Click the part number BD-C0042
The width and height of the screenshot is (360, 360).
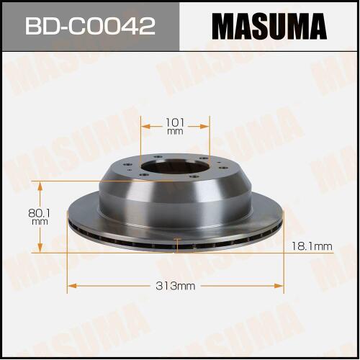(x=90, y=26)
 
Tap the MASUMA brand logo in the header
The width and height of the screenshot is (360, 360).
(x=269, y=26)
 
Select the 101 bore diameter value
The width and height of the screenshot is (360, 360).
(x=175, y=122)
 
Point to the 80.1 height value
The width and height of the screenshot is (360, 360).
(x=40, y=213)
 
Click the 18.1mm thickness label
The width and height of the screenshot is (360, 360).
(x=312, y=246)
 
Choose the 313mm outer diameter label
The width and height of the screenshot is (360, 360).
(x=175, y=286)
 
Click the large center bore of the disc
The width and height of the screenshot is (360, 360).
(x=174, y=167)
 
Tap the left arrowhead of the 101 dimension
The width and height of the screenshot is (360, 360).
(x=146, y=126)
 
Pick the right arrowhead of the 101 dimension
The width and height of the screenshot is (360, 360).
(x=204, y=126)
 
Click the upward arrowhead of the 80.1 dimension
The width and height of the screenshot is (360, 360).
(x=40, y=186)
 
